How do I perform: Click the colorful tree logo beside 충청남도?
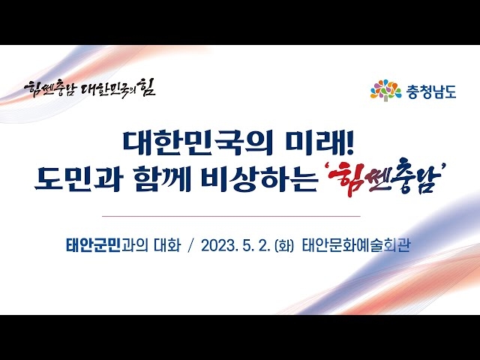tap(385, 91)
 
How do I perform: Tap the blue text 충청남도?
tap(431, 91)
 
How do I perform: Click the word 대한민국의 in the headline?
tap(198, 143)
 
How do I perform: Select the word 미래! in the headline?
tap(320, 143)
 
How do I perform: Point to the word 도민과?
tap(77, 180)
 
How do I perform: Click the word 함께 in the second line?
tap(163, 180)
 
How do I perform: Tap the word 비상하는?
tap(259, 180)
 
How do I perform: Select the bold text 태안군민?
tap(93, 245)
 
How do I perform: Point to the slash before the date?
tap(192, 245)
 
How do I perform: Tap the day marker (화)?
tap(284, 246)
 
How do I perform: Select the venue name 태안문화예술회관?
tap(355, 245)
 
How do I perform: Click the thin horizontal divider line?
tap(231, 216)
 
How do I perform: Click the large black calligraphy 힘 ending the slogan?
tap(147, 87)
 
